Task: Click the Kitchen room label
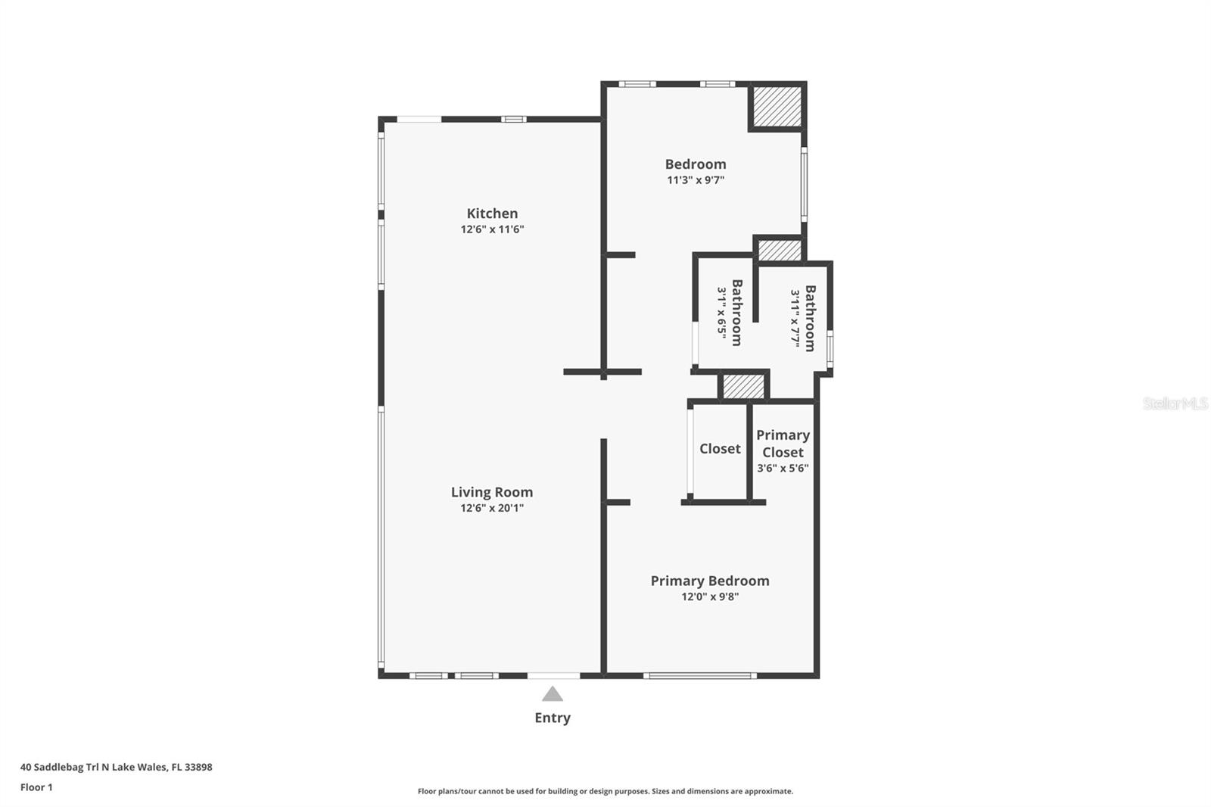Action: [492, 213]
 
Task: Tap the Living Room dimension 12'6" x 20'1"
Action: [492, 508]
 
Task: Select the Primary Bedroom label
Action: [709, 581]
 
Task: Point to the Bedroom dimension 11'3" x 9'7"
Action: [696, 180]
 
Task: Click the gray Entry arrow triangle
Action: [553, 694]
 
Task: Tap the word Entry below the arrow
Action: [553, 718]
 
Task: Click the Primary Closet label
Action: [783, 444]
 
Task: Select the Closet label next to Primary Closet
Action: [720, 449]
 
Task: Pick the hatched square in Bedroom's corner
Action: [777, 107]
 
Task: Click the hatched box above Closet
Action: [743, 386]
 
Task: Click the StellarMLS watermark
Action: [1175, 403]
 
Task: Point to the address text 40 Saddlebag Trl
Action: [117, 767]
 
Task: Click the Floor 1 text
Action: [36, 787]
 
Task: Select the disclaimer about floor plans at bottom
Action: [605, 791]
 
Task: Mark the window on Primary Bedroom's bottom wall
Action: [700, 675]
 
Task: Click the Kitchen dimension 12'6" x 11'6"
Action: [492, 229]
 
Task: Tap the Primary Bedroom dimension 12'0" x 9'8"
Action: [709, 597]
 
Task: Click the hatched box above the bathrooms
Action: [780, 251]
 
